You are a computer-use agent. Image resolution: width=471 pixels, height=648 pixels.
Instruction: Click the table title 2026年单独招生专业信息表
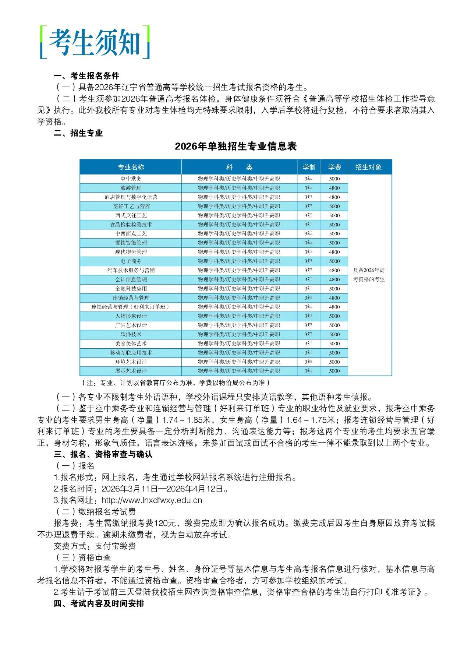(x=235, y=146)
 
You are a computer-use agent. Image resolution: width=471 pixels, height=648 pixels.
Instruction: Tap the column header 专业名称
(x=131, y=167)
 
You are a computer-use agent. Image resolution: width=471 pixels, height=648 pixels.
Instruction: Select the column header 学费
(x=334, y=167)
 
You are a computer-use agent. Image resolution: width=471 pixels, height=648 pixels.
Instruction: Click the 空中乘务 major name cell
(x=131, y=179)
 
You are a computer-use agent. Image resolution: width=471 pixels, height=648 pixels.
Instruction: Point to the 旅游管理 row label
(x=131, y=188)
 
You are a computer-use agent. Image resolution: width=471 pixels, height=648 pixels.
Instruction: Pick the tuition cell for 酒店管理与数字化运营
(x=334, y=197)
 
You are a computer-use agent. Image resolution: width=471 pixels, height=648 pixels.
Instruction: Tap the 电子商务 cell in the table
(x=131, y=261)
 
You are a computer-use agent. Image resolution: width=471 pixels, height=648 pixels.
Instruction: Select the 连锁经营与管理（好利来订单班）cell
(x=131, y=307)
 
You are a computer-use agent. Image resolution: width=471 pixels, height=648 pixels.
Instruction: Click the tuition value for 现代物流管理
(x=334, y=252)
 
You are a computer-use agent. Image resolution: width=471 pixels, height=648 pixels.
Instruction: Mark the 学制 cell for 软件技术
(x=308, y=335)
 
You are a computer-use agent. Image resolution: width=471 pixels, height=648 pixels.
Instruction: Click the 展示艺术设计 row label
(x=131, y=371)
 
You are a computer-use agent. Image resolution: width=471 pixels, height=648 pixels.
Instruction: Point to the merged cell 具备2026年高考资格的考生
(x=369, y=275)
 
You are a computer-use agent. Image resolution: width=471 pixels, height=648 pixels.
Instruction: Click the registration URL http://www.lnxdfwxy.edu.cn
(x=152, y=500)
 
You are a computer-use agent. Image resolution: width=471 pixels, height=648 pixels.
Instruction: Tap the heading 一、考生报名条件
(x=86, y=76)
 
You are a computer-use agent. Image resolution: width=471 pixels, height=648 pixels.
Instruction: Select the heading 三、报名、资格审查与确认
(x=103, y=454)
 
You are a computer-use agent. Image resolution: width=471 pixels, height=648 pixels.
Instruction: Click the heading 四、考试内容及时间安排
(x=99, y=603)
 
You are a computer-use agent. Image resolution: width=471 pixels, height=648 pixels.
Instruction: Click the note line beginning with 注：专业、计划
(x=176, y=383)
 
